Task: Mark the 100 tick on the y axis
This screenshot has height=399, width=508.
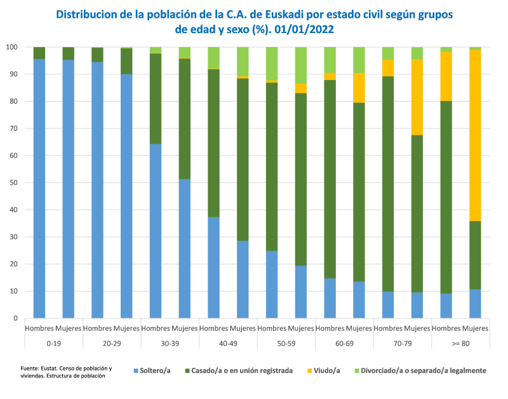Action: [x=11, y=47]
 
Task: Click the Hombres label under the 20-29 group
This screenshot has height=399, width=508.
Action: [x=97, y=328]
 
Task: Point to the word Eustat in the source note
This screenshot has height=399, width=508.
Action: [x=49, y=368]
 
